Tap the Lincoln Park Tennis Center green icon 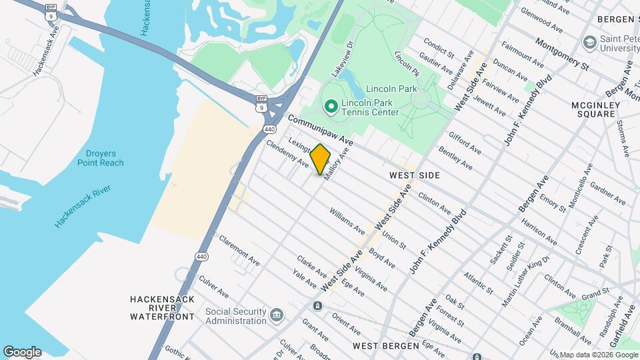[x=331, y=106]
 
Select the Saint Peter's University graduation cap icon [x=589, y=43]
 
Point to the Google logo [x=22, y=352]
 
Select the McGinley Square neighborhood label [x=593, y=109]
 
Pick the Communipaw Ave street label [x=320, y=129]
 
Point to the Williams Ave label [x=347, y=221]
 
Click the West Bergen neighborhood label [x=386, y=346]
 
